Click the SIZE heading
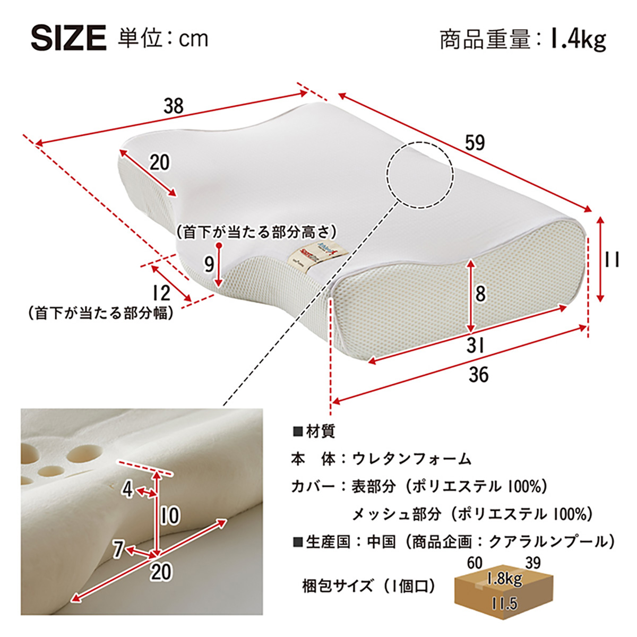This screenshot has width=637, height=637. point(68,38)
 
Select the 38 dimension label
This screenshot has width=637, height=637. point(173,106)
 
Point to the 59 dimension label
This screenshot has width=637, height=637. point(475,143)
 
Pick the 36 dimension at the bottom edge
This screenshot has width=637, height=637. point(478,375)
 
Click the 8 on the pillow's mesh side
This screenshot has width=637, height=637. point(480,294)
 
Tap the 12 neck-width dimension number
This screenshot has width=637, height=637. point(160,293)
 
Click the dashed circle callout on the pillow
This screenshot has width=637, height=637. point(419,174)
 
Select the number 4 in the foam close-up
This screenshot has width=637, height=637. point(127,489)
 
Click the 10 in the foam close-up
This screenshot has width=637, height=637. point(170,515)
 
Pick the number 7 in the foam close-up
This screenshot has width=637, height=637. point(118,549)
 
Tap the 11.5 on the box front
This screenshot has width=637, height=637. point(504,603)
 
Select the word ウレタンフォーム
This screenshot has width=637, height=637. point(411,458)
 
